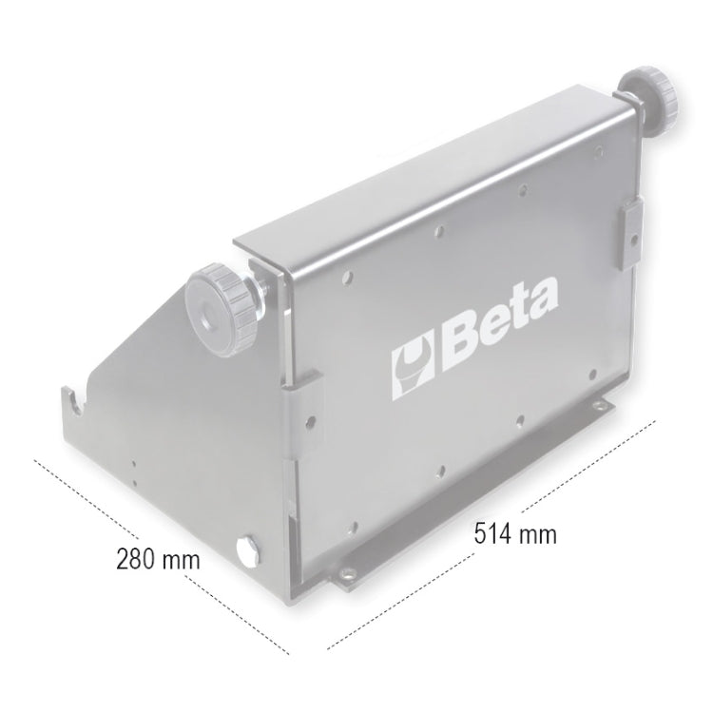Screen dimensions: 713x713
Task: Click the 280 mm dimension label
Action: [x=158, y=558]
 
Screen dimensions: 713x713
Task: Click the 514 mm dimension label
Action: [x=515, y=533]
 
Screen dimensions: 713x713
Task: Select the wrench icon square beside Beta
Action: [x=415, y=367]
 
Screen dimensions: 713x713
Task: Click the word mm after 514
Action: [x=541, y=533]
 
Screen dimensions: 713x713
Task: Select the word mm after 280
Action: [x=182, y=558]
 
